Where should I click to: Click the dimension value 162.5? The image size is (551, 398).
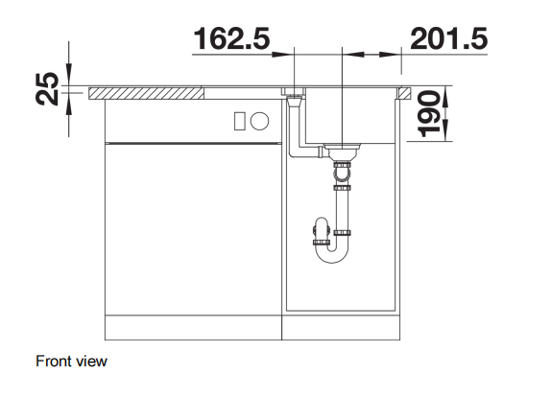232,38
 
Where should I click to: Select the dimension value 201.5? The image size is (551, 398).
448,38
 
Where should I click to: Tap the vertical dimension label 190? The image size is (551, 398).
429,113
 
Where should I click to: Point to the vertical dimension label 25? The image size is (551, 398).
47,88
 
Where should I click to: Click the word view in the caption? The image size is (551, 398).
91,362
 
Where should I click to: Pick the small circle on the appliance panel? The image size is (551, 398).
260,121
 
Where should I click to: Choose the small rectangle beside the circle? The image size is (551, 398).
240,121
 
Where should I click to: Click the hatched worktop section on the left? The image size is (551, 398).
146,93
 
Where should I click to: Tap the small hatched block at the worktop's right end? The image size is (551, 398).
404,93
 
